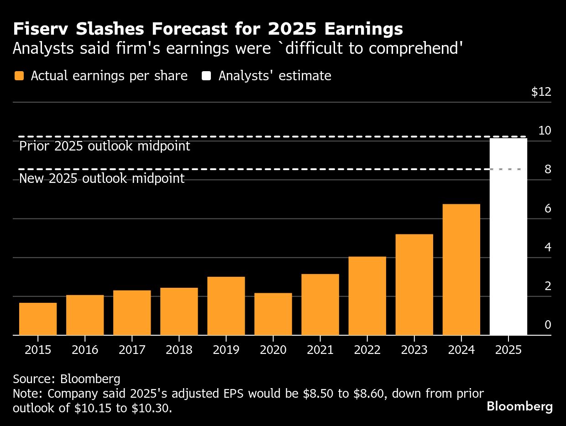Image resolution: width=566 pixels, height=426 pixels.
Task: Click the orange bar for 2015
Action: pos(38,319)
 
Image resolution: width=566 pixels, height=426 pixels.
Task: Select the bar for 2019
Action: pos(226,306)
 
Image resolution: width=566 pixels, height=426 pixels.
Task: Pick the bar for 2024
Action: pos(461,269)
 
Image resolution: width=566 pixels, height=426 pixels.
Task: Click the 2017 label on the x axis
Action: pos(132,350)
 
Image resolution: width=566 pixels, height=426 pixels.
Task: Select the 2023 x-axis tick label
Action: pos(414,350)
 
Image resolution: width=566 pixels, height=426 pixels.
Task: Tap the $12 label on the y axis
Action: pos(541,92)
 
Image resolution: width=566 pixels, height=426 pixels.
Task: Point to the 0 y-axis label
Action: pos(548,325)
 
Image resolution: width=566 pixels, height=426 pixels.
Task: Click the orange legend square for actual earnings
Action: pos(19,76)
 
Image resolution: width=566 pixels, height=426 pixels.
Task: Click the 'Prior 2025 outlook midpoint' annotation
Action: pos(105,146)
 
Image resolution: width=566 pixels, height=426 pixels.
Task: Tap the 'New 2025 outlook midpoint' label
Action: pos(102,178)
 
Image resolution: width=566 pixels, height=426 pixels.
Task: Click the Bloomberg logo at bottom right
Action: pos(519,406)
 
